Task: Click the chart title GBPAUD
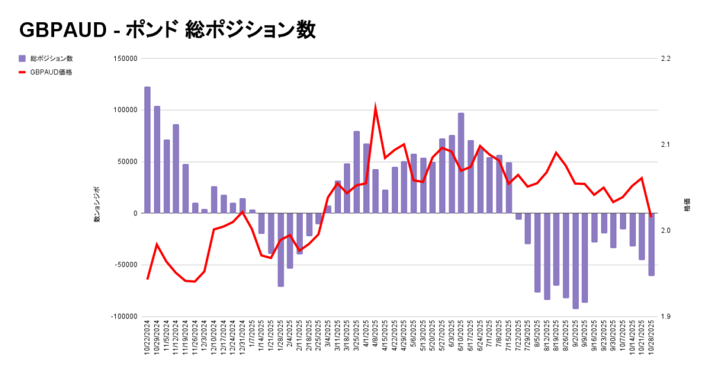pos(166,30)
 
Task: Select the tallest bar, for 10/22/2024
pos(147,150)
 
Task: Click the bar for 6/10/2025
pos(461,163)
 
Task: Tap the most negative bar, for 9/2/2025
pos(575,260)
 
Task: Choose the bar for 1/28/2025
pos(281,249)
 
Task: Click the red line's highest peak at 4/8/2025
pos(375,109)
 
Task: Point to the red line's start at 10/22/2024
pos(148,278)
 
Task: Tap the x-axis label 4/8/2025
pos(375,336)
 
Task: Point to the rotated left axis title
pos(98,205)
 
